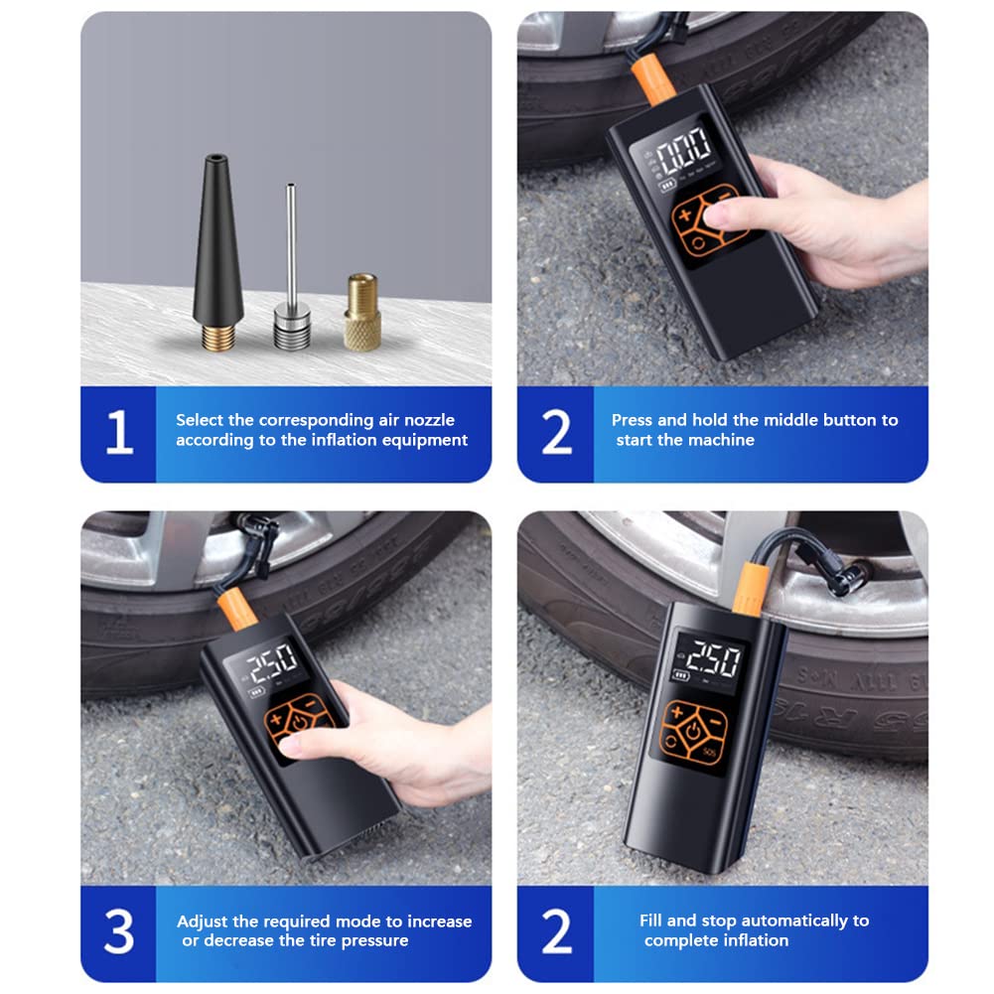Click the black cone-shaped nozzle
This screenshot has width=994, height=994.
click(x=218, y=252)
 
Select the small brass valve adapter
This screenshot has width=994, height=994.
click(x=362, y=312)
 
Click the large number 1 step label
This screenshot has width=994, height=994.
click(x=119, y=432)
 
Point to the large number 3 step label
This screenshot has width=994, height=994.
click(x=119, y=931)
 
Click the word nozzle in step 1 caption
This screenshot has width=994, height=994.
click(x=429, y=420)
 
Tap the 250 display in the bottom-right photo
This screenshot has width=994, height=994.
click(x=713, y=659)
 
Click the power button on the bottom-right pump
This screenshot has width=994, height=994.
click(x=694, y=731)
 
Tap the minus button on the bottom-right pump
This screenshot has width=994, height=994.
click(x=715, y=721)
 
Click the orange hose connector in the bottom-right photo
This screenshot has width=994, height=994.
click(x=751, y=589)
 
